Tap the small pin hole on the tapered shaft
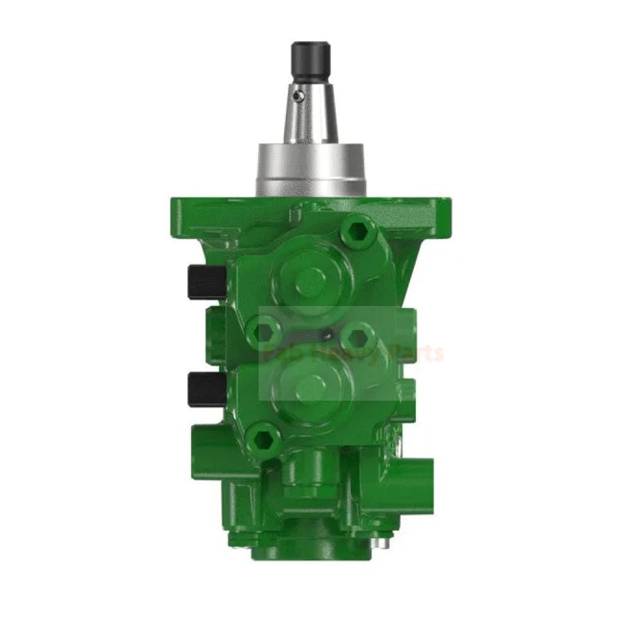pyautogui.click(x=301, y=95)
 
